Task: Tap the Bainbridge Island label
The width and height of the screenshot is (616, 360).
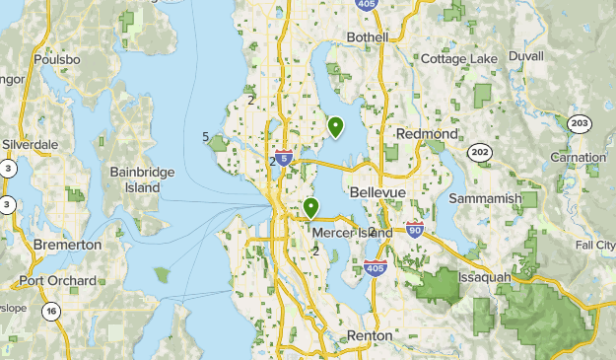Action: pyautogui.click(x=143, y=180)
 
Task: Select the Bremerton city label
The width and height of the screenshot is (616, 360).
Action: pyautogui.click(x=68, y=244)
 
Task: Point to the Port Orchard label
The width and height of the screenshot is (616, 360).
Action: pyautogui.click(x=57, y=281)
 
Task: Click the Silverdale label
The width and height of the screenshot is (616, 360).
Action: pyautogui.click(x=30, y=144)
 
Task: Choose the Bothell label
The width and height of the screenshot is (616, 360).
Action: pyautogui.click(x=368, y=37)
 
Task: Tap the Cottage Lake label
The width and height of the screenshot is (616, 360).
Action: pyautogui.click(x=459, y=59)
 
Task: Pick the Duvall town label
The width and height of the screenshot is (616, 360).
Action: pyautogui.click(x=526, y=57)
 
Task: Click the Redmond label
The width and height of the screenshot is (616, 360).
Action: pyautogui.click(x=427, y=133)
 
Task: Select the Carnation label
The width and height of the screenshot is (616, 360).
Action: pyautogui.click(x=579, y=158)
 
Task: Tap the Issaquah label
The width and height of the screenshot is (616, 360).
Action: pyautogui.click(x=483, y=278)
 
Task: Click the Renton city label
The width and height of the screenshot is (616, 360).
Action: pyautogui.click(x=370, y=336)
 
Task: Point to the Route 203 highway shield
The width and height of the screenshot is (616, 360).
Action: pyautogui.click(x=579, y=122)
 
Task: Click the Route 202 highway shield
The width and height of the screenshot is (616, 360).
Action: pyautogui.click(x=481, y=152)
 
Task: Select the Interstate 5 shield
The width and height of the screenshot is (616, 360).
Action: pyautogui.click(x=284, y=158)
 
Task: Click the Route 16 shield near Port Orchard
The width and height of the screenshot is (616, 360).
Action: pyautogui.click(x=50, y=312)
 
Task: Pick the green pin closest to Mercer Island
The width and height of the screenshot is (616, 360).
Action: pyautogui.click(x=311, y=208)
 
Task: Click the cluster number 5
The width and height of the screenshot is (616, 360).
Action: pyautogui.click(x=204, y=137)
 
